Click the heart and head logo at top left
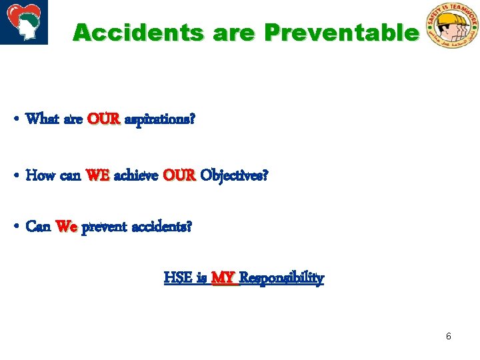(x=24, y=22)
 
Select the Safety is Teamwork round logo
(x=452, y=25)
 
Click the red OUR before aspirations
(x=103, y=120)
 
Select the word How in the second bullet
(x=41, y=176)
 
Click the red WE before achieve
(x=98, y=176)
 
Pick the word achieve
(x=136, y=176)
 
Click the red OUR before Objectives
(x=179, y=176)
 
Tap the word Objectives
(x=234, y=176)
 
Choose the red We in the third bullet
(x=67, y=227)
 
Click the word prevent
(x=104, y=227)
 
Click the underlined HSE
(x=178, y=277)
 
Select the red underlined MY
(x=224, y=277)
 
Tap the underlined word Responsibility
(x=281, y=277)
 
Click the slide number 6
(x=449, y=336)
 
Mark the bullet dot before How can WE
(x=15, y=177)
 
